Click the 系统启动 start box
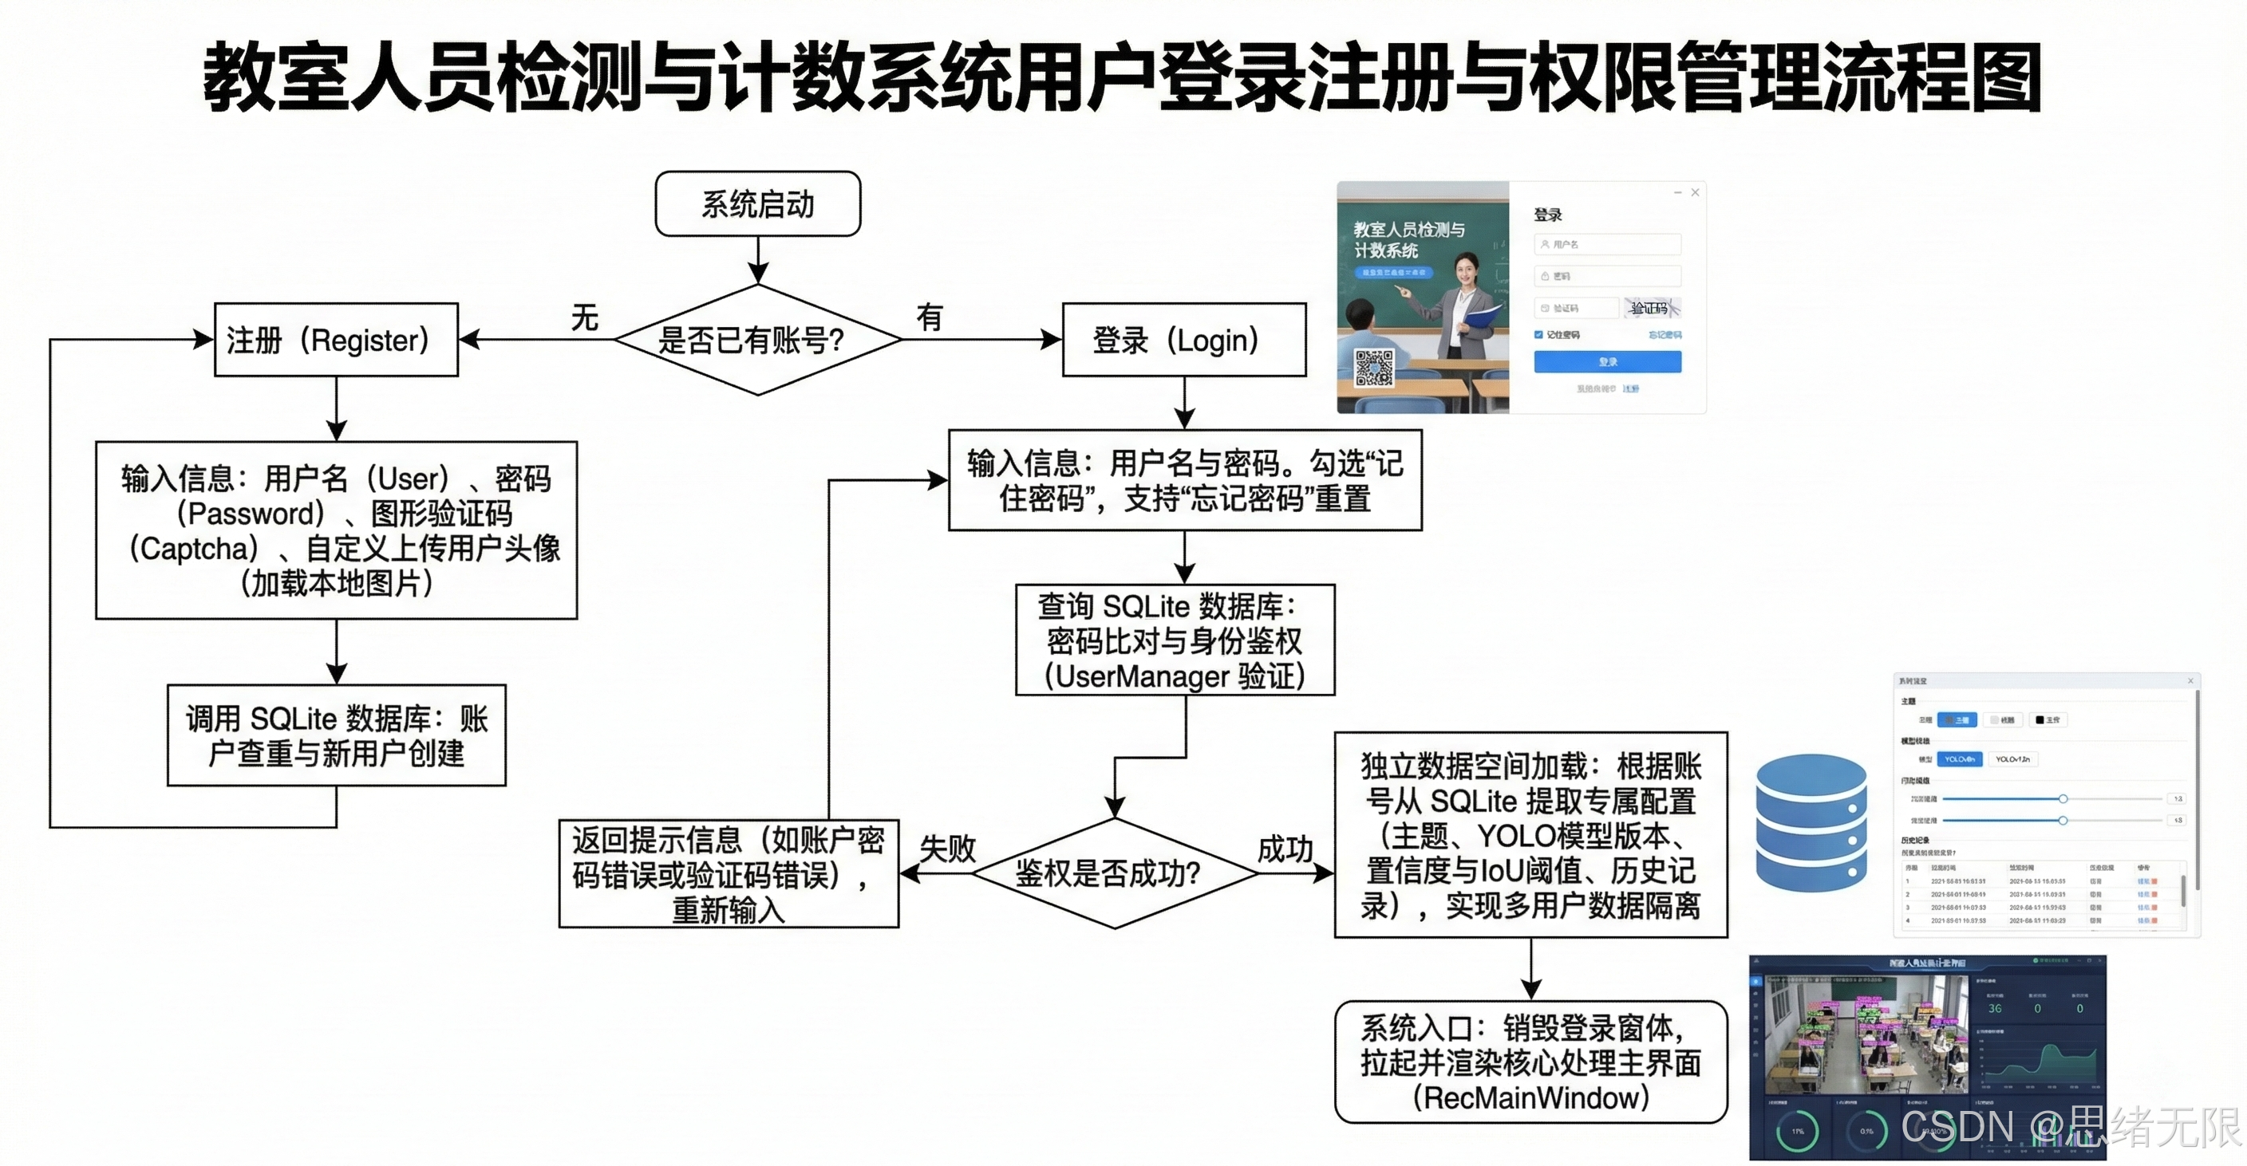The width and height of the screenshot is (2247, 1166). [757, 204]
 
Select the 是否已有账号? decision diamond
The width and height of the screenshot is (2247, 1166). [757, 339]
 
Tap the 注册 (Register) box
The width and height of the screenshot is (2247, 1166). [336, 339]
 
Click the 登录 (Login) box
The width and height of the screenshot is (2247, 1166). [1183, 339]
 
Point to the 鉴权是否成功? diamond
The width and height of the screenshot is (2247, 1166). [1113, 872]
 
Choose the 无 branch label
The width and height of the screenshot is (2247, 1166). [584, 317]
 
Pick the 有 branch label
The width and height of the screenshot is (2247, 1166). [930, 317]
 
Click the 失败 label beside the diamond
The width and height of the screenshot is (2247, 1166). [947, 848]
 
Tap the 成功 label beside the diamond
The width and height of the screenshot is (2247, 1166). [1284, 848]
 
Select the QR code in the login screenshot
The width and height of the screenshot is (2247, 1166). [1373, 367]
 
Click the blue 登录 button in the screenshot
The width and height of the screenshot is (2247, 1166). [1607, 361]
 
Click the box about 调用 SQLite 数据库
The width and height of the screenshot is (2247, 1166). [336, 735]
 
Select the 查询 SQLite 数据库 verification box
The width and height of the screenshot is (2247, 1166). [1174, 640]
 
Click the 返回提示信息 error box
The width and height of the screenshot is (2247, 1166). [729, 874]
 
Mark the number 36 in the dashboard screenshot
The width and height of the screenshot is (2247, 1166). [1995, 1008]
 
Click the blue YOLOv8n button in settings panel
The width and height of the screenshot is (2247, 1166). [1959, 758]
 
